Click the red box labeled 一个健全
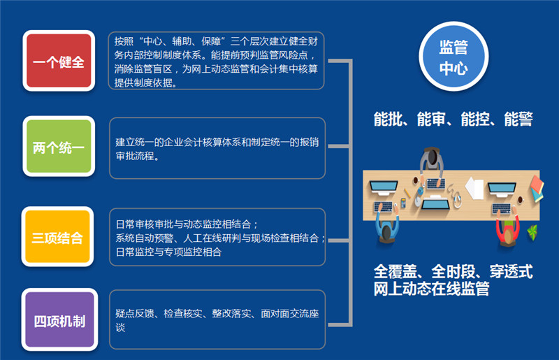coord(59,61)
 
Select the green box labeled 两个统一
coord(59,146)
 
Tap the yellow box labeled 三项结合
coord(57,236)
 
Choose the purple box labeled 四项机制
coord(59,319)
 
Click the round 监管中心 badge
coord(453,57)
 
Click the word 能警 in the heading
coord(518,119)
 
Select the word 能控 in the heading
coord(475,119)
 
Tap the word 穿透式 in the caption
coord(511,271)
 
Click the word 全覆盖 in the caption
coord(395,271)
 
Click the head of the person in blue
coord(386,232)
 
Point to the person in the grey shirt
coord(432,163)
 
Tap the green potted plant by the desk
coord(532,232)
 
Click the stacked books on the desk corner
coord(537,188)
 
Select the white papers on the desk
coord(474,188)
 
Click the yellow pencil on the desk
coord(407,194)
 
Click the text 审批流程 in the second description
coord(135,156)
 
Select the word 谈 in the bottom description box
coord(120,328)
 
